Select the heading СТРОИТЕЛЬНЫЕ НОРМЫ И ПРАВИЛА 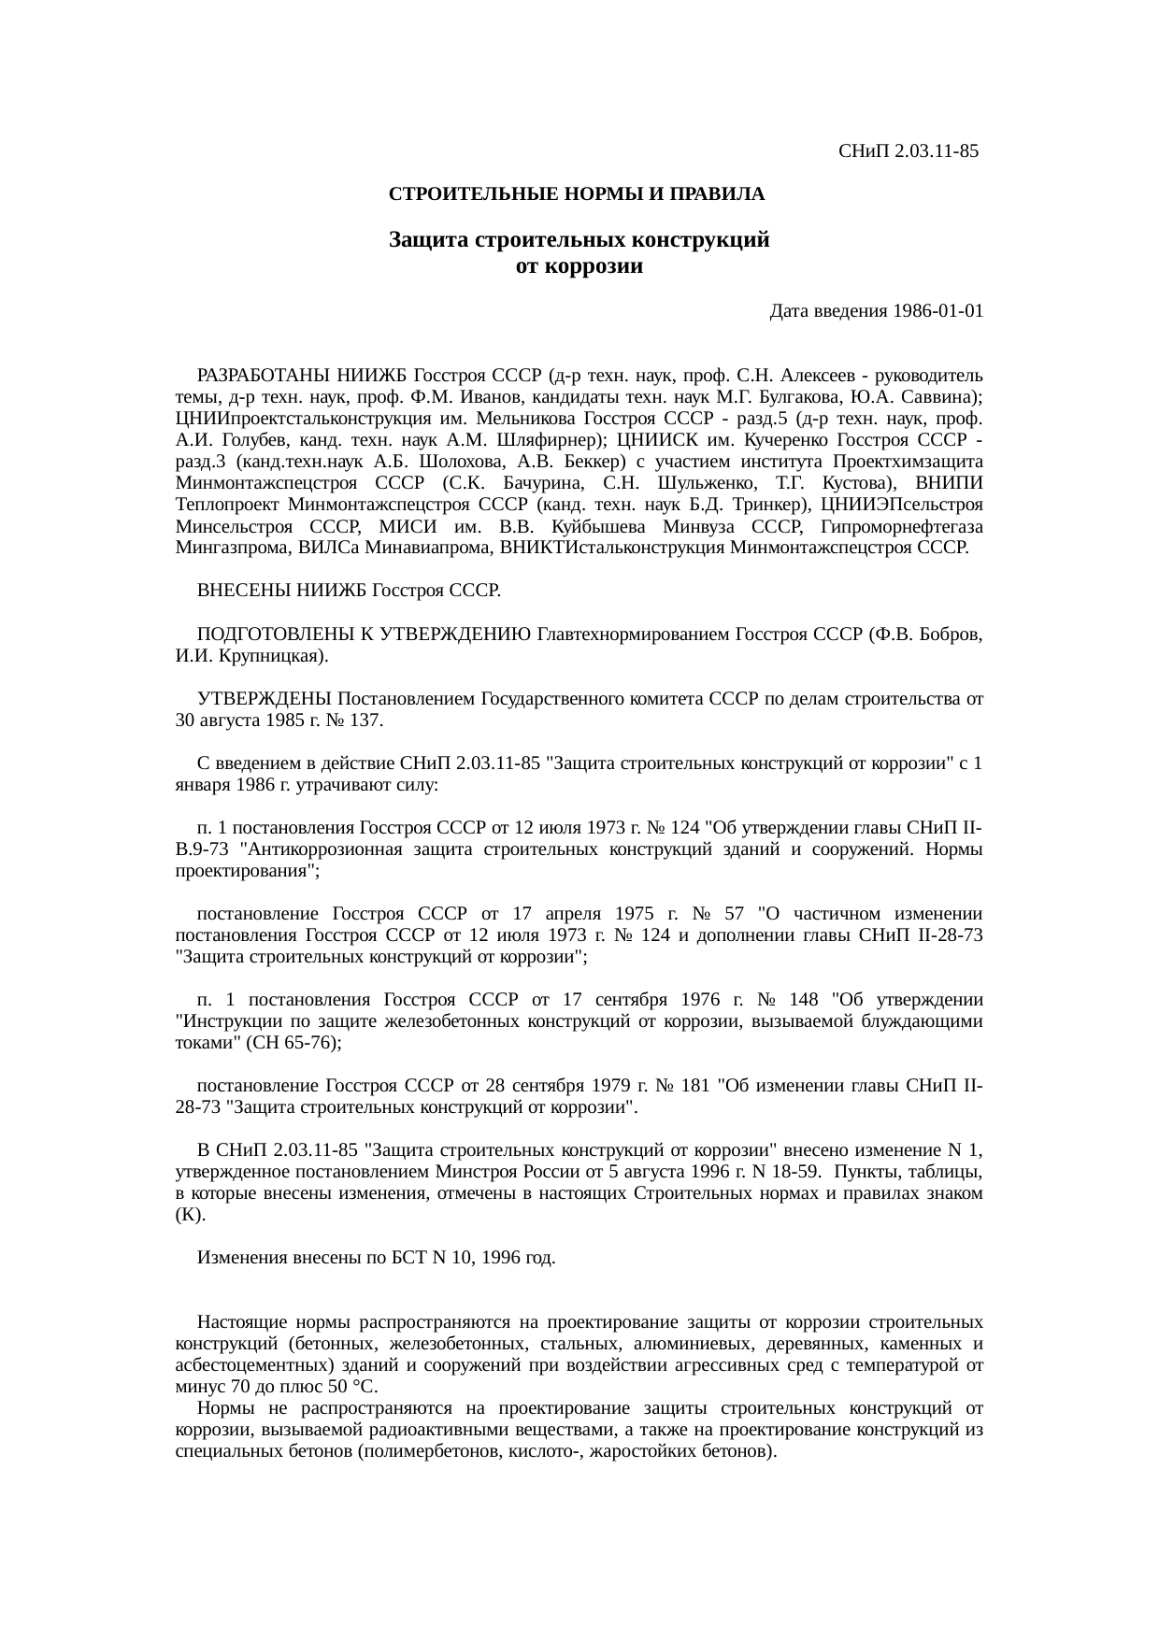577,194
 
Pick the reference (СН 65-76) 293,1043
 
